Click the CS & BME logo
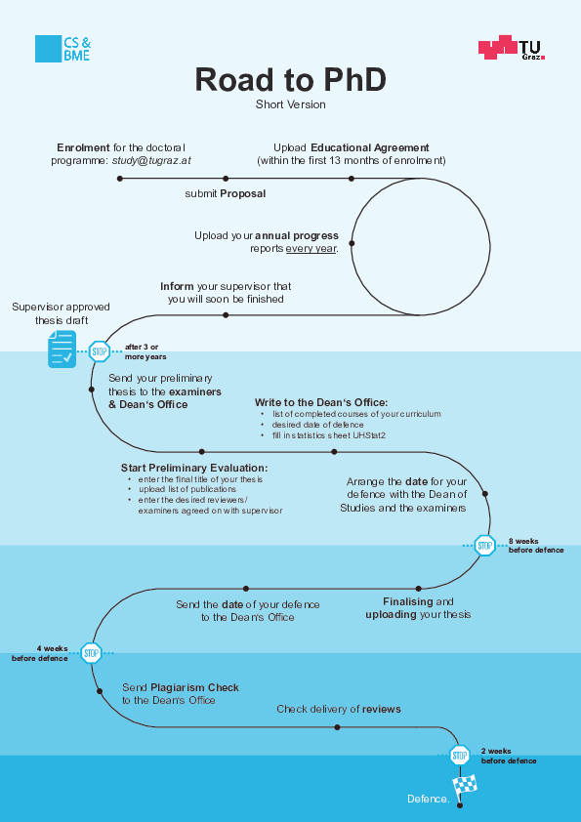(62, 49)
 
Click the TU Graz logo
(512, 48)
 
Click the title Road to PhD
(291, 80)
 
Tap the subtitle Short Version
(291, 104)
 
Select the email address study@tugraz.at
(151, 160)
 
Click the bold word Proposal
(243, 193)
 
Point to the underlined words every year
(311, 249)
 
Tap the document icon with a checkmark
(62, 349)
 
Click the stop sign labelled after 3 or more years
(99, 351)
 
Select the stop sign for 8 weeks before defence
(484, 546)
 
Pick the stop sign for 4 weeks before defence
(91, 653)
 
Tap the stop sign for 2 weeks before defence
(460, 756)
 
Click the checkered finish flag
(465, 785)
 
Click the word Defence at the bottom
(429, 799)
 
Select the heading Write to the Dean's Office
(321, 402)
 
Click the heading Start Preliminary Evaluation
(194, 468)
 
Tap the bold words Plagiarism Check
(194, 687)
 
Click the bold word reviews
(381, 709)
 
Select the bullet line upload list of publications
(187, 489)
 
